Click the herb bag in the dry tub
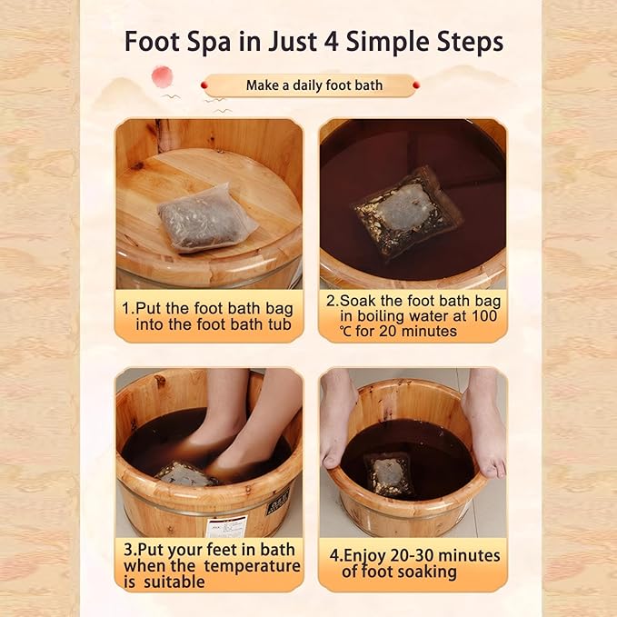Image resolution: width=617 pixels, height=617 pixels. point(204,216)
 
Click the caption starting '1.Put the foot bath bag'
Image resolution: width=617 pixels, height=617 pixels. point(209,315)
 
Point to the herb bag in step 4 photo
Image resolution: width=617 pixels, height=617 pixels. point(389,472)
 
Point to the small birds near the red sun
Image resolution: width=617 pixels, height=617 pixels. point(173,95)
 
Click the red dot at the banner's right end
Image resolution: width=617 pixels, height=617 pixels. point(415,85)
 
